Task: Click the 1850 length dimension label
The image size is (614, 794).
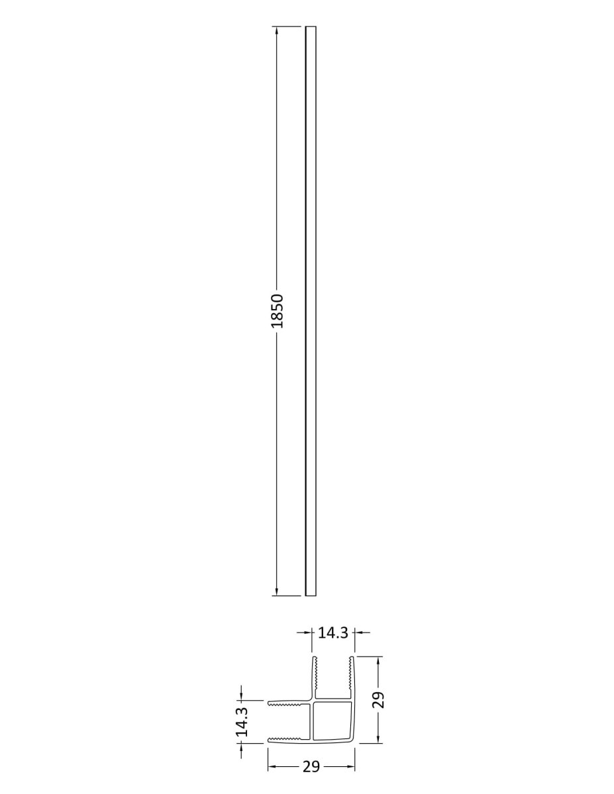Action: click(x=278, y=310)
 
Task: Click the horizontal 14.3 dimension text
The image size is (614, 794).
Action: click(x=333, y=633)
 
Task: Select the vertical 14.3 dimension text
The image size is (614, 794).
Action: click(x=242, y=716)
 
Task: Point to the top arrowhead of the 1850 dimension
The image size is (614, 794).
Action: click(x=276, y=30)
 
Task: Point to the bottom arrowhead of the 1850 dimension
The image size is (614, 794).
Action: click(x=276, y=591)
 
